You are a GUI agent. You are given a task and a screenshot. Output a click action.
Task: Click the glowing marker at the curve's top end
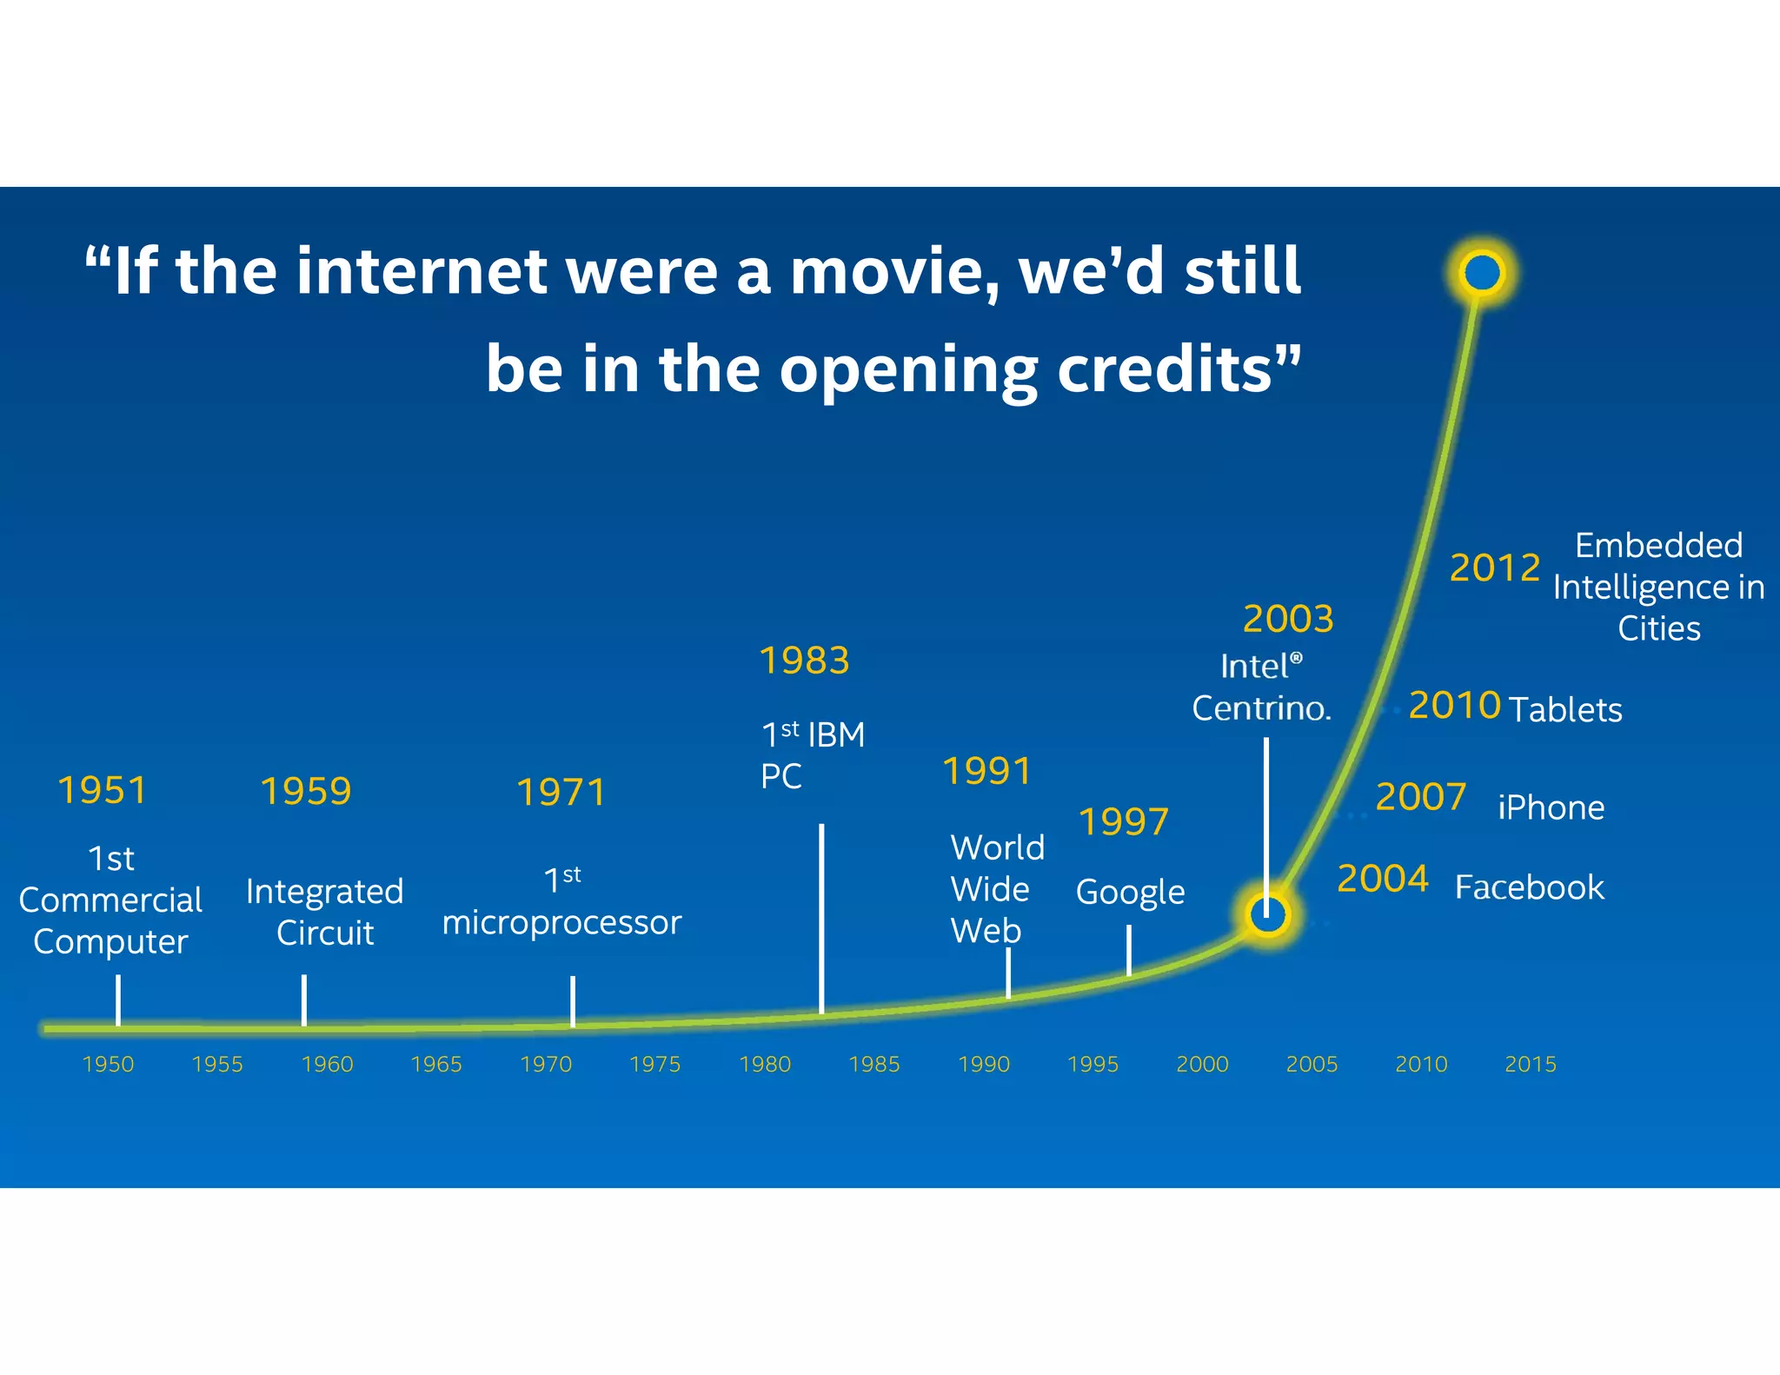click(x=1482, y=272)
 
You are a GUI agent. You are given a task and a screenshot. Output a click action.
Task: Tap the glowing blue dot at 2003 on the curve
click(x=1267, y=914)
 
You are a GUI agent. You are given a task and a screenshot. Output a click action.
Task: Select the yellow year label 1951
click(x=102, y=790)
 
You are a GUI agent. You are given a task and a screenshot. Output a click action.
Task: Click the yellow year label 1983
click(x=804, y=661)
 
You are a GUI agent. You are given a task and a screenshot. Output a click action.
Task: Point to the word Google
click(x=1130, y=893)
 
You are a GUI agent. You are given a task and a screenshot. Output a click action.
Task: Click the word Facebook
click(x=1529, y=887)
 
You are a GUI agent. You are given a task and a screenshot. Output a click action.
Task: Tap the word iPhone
click(x=1551, y=807)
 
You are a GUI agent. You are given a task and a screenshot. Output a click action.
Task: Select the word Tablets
click(x=1565, y=709)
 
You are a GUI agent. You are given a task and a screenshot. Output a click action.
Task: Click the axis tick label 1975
click(x=655, y=1064)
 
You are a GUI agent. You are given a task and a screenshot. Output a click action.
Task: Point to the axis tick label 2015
click(x=1531, y=1064)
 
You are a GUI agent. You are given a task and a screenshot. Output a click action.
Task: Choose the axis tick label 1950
click(x=108, y=1064)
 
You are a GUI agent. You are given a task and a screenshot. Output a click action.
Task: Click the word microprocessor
click(x=561, y=922)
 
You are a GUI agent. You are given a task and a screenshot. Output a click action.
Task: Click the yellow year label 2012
click(x=1495, y=568)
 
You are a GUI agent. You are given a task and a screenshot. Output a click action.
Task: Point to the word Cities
click(x=1658, y=628)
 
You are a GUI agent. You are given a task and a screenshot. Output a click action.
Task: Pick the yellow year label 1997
click(x=1123, y=821)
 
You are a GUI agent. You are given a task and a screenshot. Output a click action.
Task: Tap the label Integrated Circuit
click(x=324, y=912)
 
